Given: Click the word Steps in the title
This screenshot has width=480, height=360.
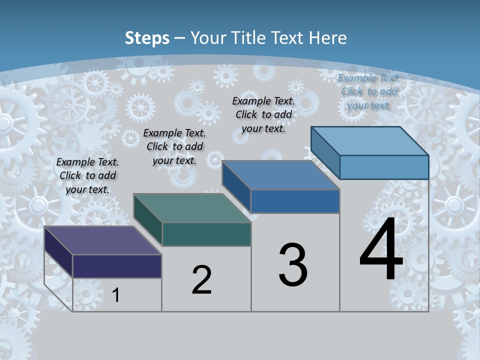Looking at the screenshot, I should point(147,38).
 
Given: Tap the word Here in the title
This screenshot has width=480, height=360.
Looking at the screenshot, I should point(328,38).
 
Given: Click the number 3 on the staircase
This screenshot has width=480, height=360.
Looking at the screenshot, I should point(293,265).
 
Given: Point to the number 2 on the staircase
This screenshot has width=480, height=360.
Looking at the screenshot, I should point(201,280).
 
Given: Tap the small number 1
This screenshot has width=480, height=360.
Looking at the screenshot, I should point(116,295).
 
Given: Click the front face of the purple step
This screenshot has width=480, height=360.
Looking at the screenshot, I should point(117,266).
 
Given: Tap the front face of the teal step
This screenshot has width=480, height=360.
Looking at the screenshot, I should point(206,234).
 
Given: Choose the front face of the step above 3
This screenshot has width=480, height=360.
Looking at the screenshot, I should point(295,201).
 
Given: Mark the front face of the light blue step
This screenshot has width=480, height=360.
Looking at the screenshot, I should point(384,167).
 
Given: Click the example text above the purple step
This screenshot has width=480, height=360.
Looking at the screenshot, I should point(87,175).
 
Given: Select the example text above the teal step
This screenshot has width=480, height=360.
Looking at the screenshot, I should point(174,146).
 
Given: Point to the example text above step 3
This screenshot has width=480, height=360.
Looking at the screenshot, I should point(263,114).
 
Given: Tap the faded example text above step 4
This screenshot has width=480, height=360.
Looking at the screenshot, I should point(369,91).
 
